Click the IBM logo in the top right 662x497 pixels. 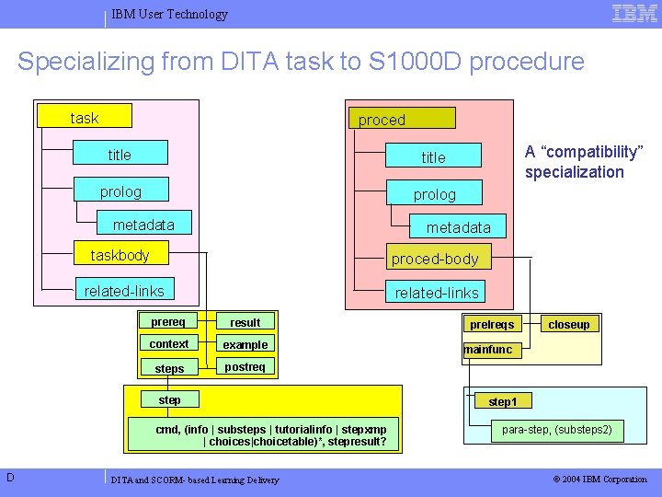[634, 13]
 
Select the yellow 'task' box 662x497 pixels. [84, 117]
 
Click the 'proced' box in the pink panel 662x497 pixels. [400, 119]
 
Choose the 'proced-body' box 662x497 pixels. [436, 259]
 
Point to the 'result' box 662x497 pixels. [245, 322]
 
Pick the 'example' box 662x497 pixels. [245, 344]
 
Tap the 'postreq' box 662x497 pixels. [245, 367]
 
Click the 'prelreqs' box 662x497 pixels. [492, 324]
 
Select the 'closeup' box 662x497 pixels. [569, 324]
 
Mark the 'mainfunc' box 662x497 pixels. [488, 350]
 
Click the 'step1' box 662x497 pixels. [503, 401]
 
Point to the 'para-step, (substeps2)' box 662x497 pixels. [556, 430]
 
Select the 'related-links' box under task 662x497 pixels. [124, 291]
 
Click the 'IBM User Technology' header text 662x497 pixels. [169, 14]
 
